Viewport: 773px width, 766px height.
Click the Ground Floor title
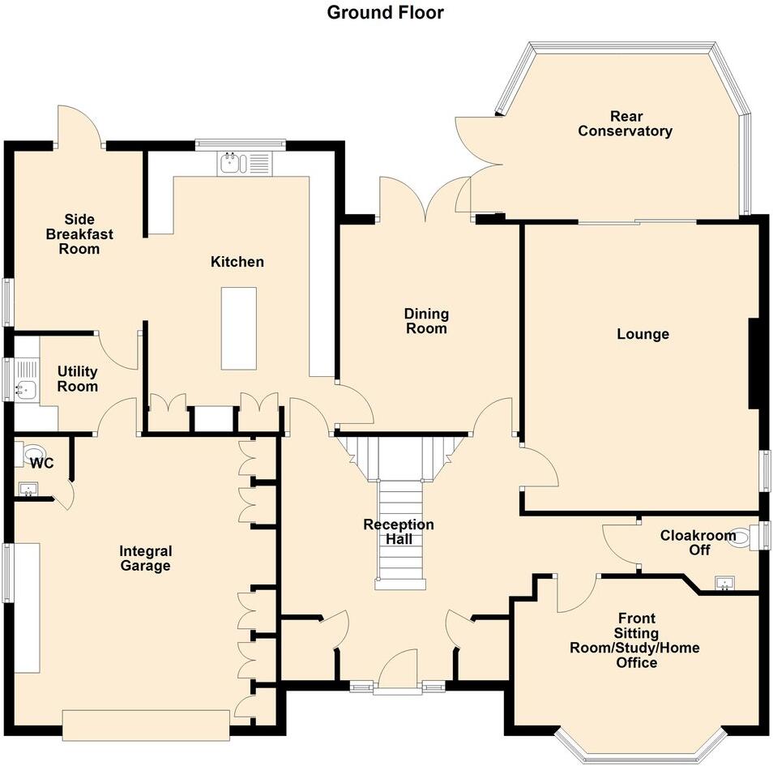(x=386, y=12)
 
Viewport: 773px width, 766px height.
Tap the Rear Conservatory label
(x=625, y=123)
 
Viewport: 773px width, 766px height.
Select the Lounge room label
(x=643, y=334)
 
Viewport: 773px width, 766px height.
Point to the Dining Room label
(x=426, y=321)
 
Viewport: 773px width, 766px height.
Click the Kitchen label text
(x=237, y=262)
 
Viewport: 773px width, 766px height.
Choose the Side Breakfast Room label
(x=79, y=233)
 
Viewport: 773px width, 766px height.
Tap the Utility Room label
(x=77, y=379)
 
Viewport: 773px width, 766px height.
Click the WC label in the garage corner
(x=41, y=464)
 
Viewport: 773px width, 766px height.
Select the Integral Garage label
(x=145, y=558)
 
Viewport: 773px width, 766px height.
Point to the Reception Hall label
(x=398, y=533)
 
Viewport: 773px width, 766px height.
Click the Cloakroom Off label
(x=686, y=542)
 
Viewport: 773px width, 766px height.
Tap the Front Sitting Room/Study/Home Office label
(x=634, y=640)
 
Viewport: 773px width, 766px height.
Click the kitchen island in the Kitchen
(x=239, y=327)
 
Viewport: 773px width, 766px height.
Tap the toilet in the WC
(x=34, y=452)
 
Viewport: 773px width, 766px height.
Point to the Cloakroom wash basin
(x=724, y=582)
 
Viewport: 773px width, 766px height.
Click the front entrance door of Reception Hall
(x=397, y=673)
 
